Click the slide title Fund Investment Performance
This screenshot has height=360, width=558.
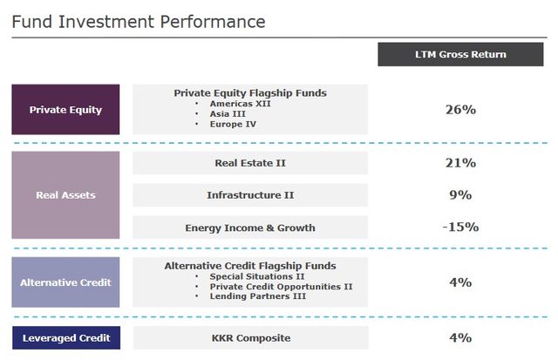point(139,20)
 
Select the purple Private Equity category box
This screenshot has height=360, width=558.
point(65,110)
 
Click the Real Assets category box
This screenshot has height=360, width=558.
point(65,195)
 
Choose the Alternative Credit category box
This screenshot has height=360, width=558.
point(65,282)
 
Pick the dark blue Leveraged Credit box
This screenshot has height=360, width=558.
point(65,337)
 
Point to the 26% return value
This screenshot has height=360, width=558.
point(459,110)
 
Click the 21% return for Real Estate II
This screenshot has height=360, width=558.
point(459,163)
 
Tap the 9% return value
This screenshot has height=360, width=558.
point(459,195)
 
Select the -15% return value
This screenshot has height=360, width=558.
point(459,228)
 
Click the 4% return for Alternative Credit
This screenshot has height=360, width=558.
point(459,282)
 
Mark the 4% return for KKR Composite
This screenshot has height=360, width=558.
point(459,337)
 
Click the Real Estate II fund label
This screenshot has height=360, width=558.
point(250,163)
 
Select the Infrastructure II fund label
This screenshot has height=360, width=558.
point(250,195)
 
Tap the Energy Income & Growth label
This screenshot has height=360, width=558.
point(250,228)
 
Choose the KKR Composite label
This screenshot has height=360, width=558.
point(250,337)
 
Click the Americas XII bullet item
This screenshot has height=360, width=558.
point(241,103)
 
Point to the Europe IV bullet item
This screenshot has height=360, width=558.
point(234,124)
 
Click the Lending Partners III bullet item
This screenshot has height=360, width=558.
point(256,296)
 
